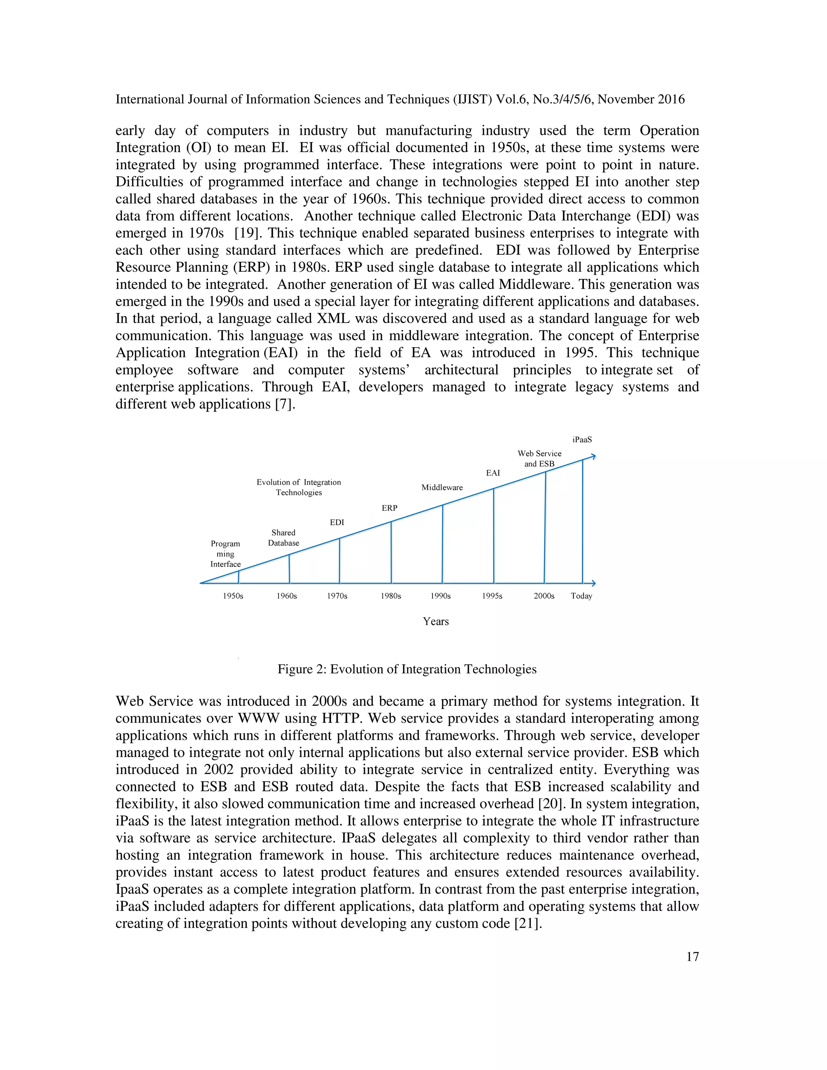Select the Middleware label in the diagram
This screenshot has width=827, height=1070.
click(x=442, y=487)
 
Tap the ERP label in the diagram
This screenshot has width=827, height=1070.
click(x=390, y=508)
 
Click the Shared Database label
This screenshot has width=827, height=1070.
click(x=283, y=537)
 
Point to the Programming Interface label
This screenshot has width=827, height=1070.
click(x=225, y=554)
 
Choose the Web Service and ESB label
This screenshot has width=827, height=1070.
click(x=539, y=459)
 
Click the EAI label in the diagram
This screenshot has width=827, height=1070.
click(x=493, y=473)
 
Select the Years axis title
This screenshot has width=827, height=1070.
click(x=436, y=621)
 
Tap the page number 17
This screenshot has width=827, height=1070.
click(x=692, y=957)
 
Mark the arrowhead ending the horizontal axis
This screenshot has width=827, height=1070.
click(x=593, y=583)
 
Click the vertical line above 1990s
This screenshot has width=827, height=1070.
click(x=443, y=544)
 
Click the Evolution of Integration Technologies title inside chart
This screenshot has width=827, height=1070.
click(x=298, y=487)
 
